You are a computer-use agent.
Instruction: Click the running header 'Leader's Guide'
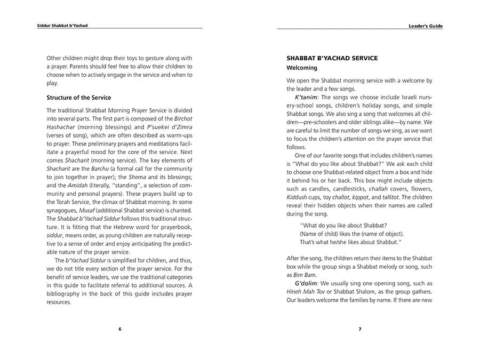tap(425, 26)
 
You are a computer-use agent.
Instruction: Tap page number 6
tap(119, 329)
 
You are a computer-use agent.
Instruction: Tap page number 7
tap(360, 329)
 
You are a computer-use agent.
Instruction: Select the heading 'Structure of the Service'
tap(79, 98)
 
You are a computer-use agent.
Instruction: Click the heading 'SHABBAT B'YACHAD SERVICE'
tap(332, 58)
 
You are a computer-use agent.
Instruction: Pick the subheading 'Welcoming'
tap(302, 68)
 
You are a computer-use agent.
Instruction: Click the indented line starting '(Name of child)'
tap(351, 234)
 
